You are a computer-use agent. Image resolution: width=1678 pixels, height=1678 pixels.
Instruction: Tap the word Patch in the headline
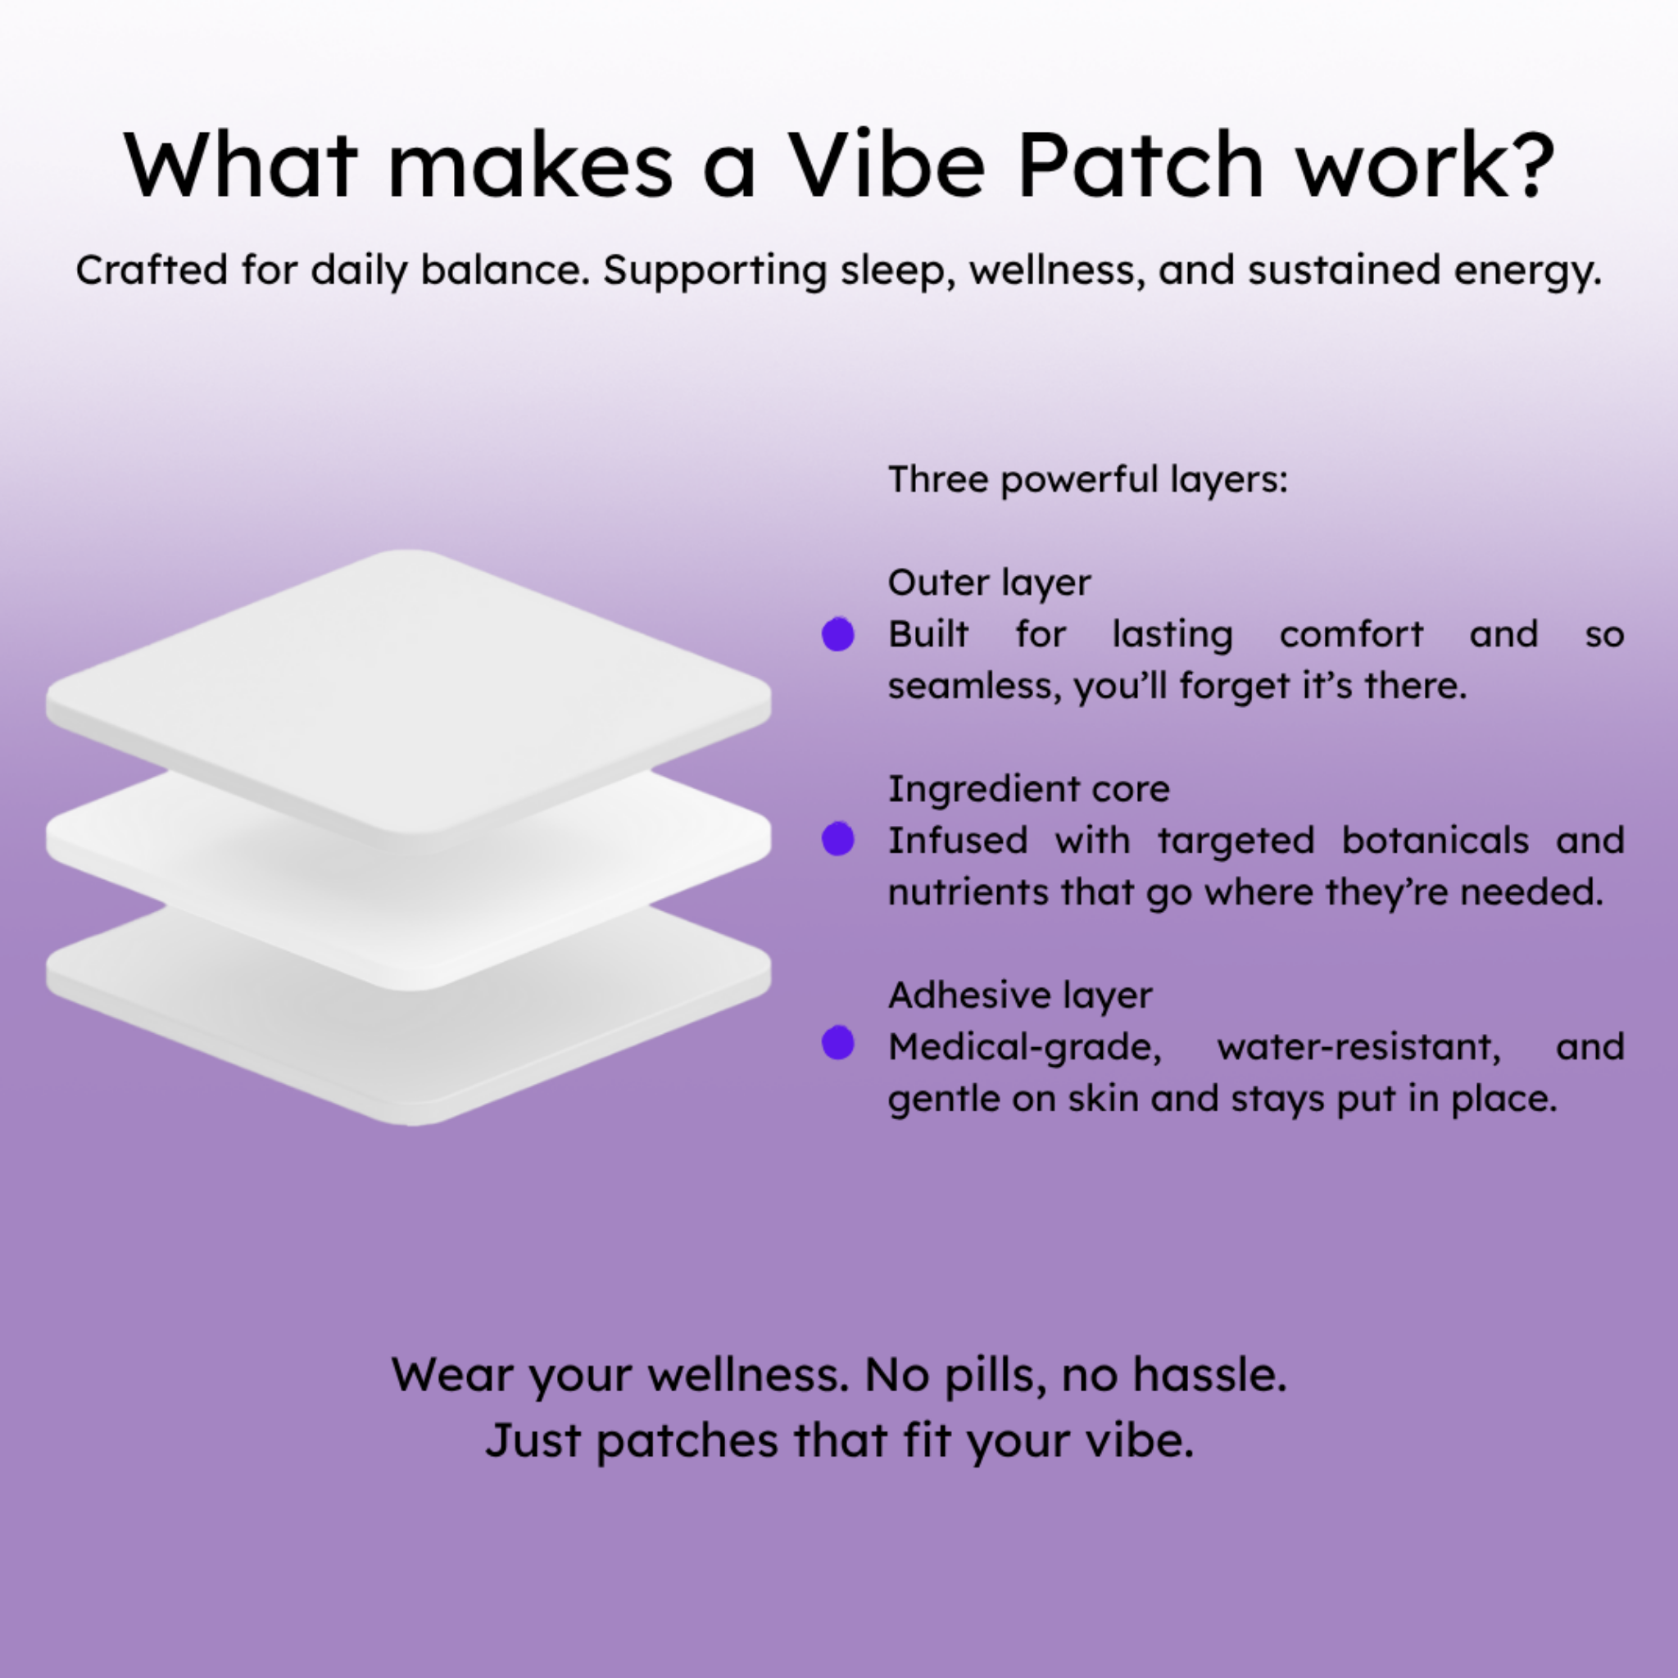point(1140,165)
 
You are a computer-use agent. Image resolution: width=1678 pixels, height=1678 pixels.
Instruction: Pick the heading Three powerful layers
point(1087,479)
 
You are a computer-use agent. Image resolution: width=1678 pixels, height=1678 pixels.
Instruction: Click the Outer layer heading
point(989,583)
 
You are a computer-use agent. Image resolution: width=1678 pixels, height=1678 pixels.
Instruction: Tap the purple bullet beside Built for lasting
point(838,634)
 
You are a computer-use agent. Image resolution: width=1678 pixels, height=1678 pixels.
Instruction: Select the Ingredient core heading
point(1029,789)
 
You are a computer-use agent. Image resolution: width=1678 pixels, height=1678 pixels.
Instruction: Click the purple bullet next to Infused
point(838,839)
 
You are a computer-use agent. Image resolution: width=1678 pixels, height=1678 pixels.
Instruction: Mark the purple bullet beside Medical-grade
point(838,1043)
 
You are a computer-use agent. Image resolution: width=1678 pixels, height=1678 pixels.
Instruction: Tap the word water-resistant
point(1359,1047)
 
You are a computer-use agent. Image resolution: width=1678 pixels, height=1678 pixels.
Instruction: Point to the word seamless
point(974,687)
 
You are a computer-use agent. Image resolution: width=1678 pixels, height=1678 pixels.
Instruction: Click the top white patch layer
point(409,695)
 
